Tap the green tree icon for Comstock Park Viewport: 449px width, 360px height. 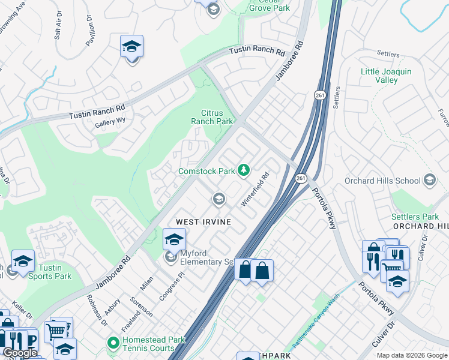point(244,172)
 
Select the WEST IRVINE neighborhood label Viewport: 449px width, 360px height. point(203,221)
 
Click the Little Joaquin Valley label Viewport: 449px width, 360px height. point(386,76)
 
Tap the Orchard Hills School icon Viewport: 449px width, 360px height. point(430,180)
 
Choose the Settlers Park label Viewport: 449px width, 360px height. point(415,217)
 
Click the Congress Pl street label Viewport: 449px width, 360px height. point(172,288)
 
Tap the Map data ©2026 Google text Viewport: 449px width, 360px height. point(411,355)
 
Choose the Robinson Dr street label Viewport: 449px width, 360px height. point(95,305)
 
